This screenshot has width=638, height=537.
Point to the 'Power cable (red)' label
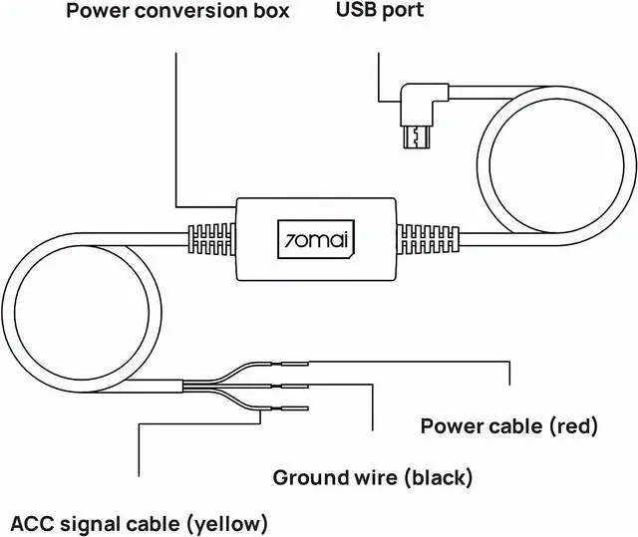(x=508, y=427)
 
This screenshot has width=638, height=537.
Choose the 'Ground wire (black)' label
(x=373, y=477)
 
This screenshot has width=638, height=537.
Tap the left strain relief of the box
(x=213, y=240)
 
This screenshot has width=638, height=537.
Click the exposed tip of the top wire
(x=295, y=365)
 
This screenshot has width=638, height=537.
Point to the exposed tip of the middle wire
(x=295, y=387)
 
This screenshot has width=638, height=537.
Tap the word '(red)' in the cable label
(x=573, y=427)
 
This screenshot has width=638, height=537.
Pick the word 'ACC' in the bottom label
(x=31, y=522)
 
